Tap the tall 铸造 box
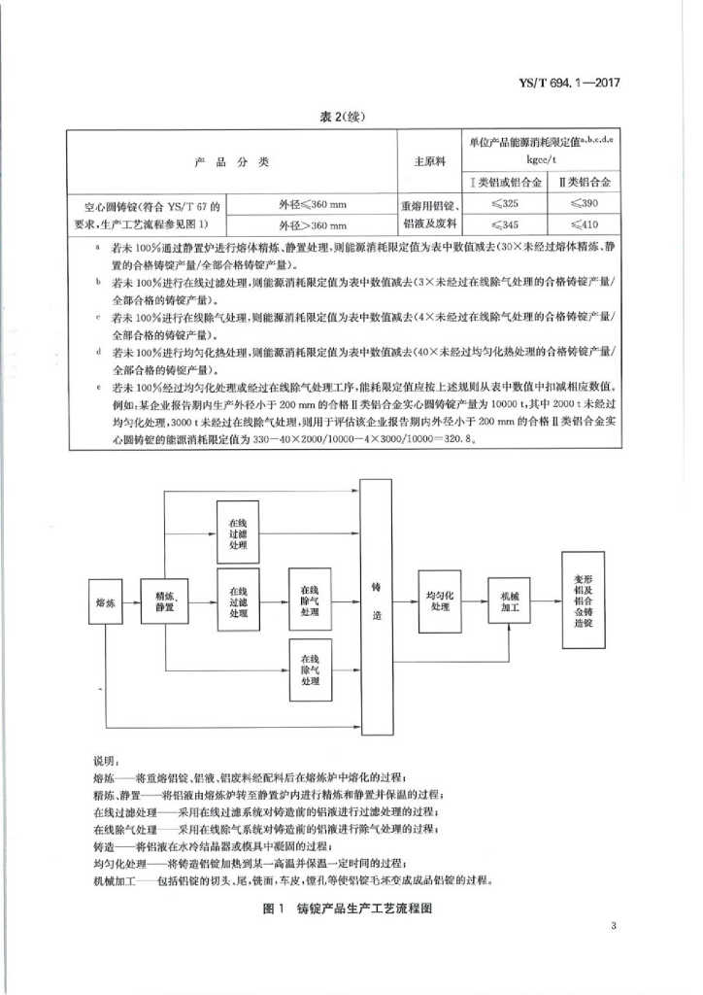click(x=376, y=602)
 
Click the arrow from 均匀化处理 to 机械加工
click(x=475, y=602)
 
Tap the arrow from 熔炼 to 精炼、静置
click(x=130, y=602)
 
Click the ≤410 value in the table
click(x=586, y=225)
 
